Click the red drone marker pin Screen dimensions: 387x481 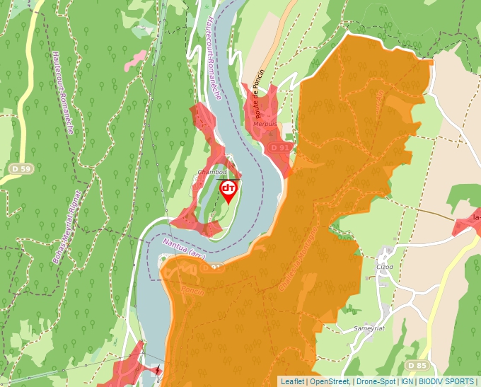click(x=228, y=190)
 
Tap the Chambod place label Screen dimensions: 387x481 click(x=212, y=172)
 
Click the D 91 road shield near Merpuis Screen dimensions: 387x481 click(x=281, y=147)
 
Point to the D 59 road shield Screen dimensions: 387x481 click(x=22, y=169)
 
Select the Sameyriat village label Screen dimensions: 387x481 click(x=368, y=329)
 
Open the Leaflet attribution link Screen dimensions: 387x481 click(x=292, y=381)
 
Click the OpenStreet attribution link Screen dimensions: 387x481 click(x=330, y=381)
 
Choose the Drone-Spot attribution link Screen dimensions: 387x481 click(x=376, y=381)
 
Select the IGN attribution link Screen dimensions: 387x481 click(x=407, y=381)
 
